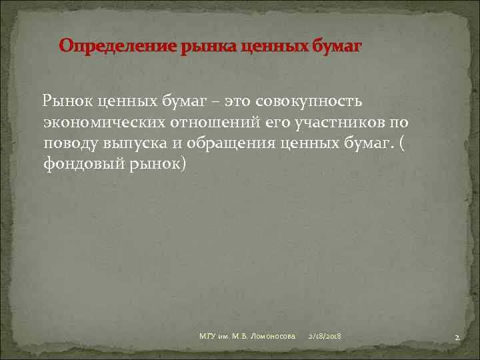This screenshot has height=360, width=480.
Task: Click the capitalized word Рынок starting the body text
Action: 67,101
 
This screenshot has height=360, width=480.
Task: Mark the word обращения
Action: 242,143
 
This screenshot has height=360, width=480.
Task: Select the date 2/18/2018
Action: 325,337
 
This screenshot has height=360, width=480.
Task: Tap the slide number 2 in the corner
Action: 457,338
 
